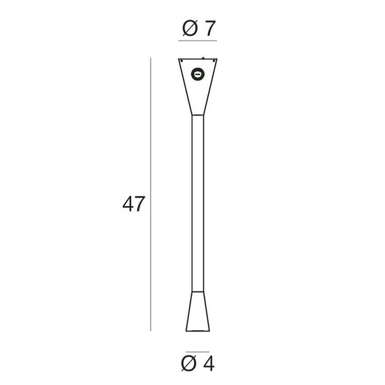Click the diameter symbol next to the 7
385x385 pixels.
(x=189, y=29)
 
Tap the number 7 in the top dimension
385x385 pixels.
(x=209, y=29)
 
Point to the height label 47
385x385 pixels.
(x=133, y=204)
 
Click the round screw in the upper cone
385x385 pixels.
(x=198, y=74)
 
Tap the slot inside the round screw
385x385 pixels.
(x=198, y=74)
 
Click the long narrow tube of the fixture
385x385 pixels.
(x=198, y=203)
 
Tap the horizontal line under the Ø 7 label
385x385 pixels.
(x=198, y=42)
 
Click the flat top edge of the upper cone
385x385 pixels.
(x=198, y=59)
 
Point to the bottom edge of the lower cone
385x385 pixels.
(x=198, y=331)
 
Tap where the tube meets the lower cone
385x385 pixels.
(x=198, y=292)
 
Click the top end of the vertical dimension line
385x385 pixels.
(x=150, y=59)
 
